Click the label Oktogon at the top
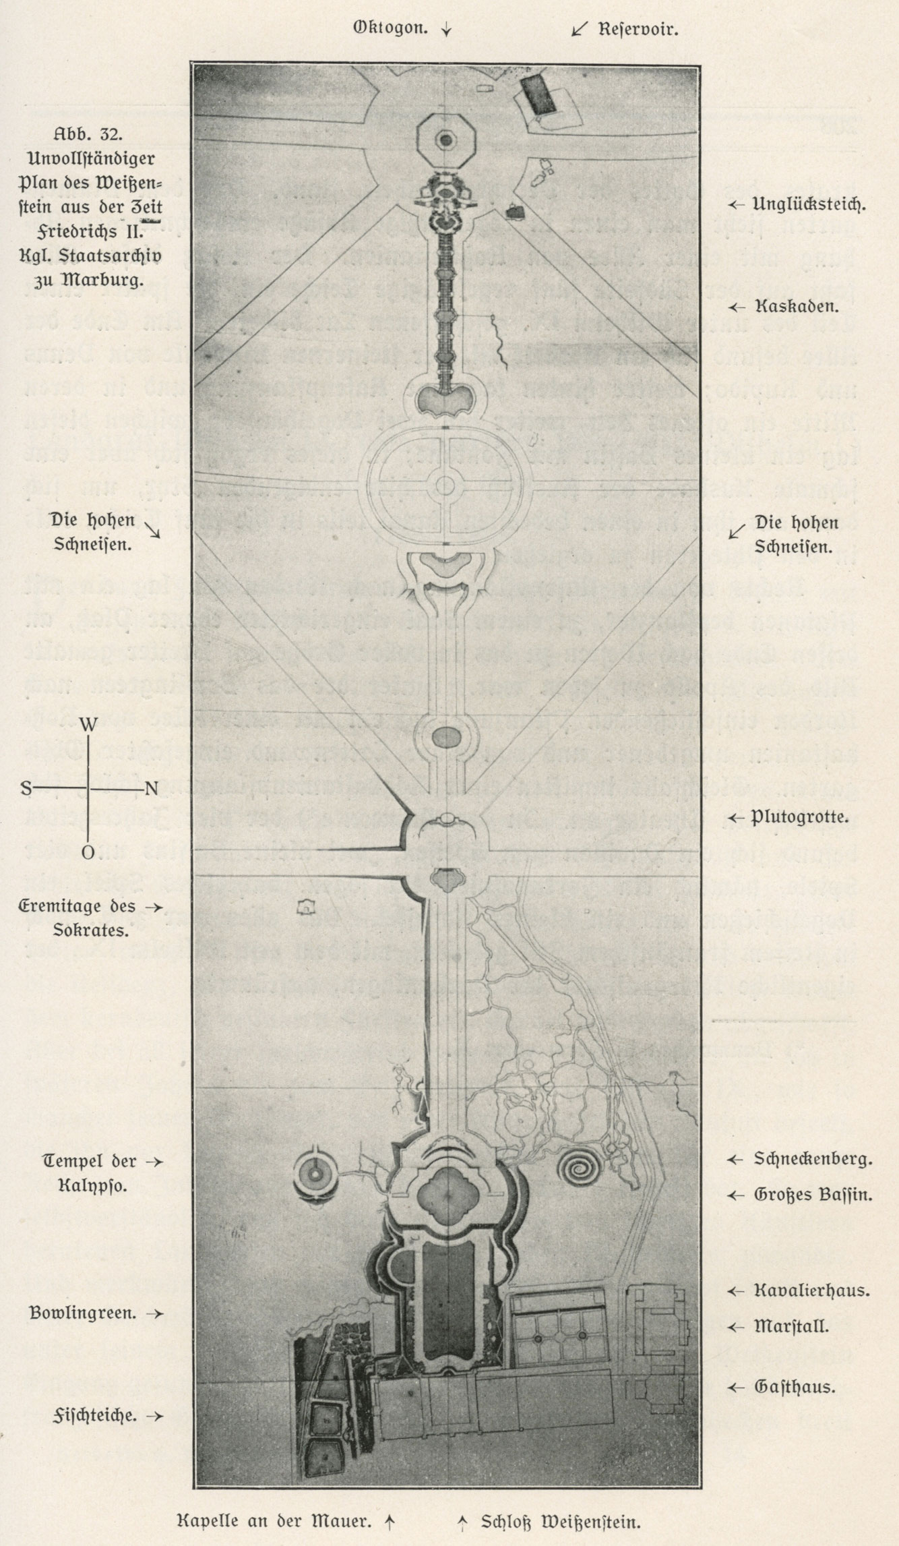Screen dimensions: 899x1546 tap(390, 29)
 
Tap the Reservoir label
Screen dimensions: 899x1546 tap(638, 30)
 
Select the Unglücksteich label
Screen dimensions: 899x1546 tap(809, 204)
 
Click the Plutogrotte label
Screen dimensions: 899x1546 tap(799, 818)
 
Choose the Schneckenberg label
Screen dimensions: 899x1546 tap(813, 1160)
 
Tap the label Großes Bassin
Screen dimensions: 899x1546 tap(813, 1195)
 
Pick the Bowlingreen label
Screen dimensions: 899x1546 tap(82, 1313)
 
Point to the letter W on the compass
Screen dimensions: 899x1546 tap(88, 725)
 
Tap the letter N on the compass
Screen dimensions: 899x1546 tap(151, 788)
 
